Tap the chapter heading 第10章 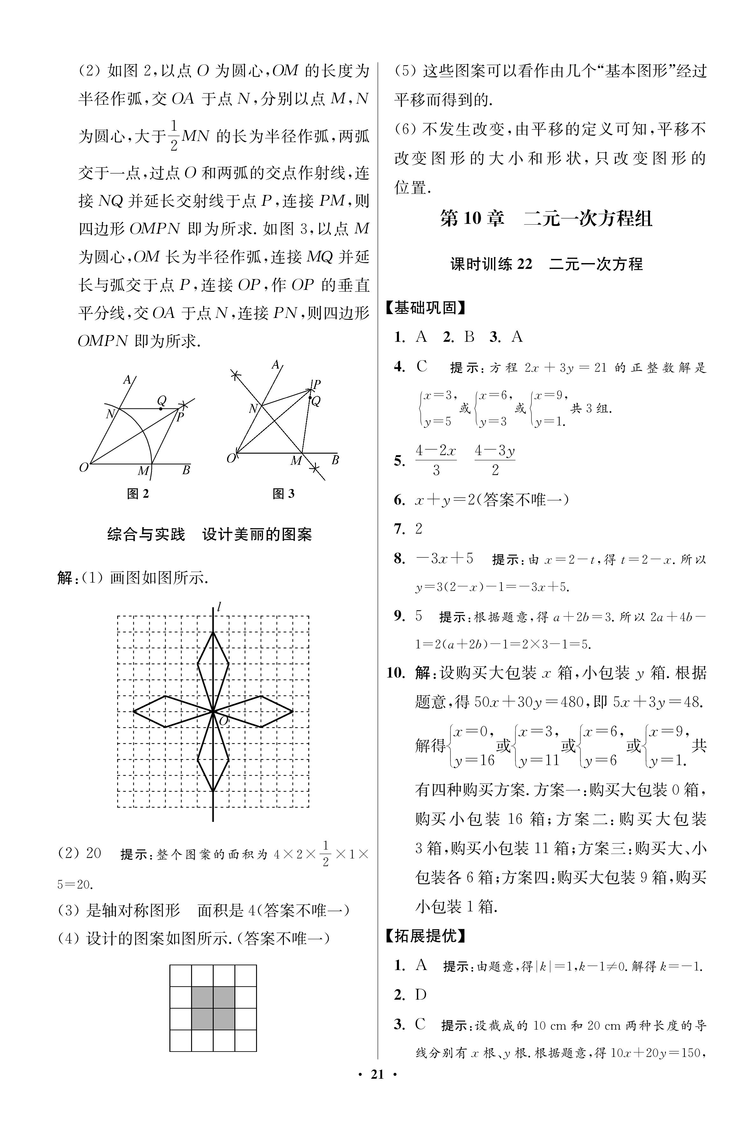[x=472, y=219]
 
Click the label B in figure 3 [x=335, y=460]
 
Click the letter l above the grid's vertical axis [x=219, y=607]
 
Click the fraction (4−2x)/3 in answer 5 [x=436, y=460]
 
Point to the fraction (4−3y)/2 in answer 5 [x=495, y=460]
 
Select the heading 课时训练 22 [x=491, y=264]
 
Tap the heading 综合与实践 [x=146, y=534]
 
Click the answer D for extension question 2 [x=421, y=995]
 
